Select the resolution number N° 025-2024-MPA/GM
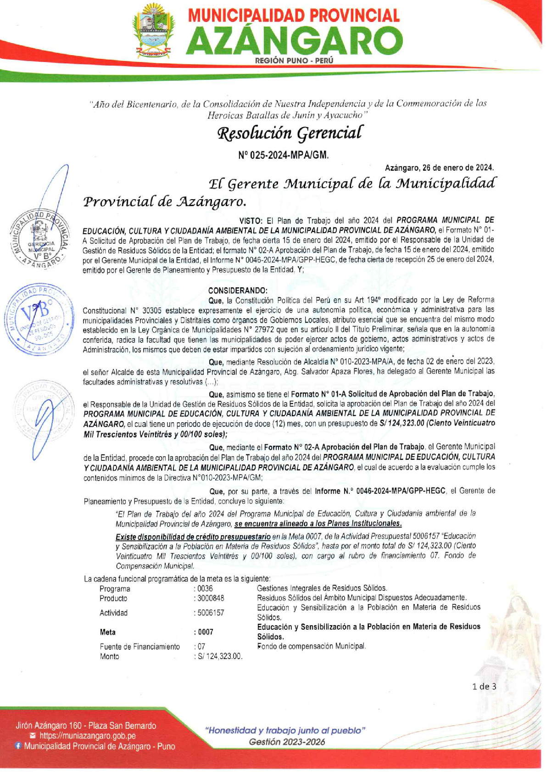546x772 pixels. [283, 155]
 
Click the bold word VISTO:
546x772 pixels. [251, 220]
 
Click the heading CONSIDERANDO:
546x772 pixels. [238, 291]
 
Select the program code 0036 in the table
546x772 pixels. [205, 588]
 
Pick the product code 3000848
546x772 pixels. [211, 598]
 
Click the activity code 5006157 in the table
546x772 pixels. [211, 613]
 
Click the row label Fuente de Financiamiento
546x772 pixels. [139, 647]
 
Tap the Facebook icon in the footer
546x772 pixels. [18, 746]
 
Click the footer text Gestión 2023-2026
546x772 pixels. [287, 742]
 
